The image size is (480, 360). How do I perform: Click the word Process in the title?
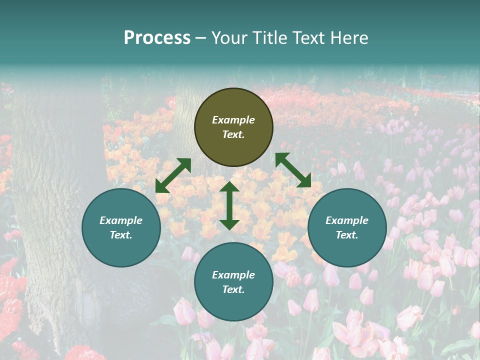[157, 38]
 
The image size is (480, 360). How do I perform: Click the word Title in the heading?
[269, 38]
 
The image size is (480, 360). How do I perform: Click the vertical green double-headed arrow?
[229, 205]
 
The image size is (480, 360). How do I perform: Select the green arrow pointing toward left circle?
[173, 175]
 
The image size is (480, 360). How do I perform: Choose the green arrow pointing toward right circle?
[293, 170]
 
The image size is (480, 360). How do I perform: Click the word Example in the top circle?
[233, 120]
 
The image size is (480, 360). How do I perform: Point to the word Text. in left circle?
[121, 235]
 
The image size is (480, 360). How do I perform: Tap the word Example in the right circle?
[347, 220]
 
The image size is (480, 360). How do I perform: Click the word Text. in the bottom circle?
[233, 289]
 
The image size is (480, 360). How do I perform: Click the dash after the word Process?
[200, 38]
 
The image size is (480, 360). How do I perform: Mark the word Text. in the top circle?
[233, 134]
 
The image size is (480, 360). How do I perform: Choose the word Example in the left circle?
[121, 220]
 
